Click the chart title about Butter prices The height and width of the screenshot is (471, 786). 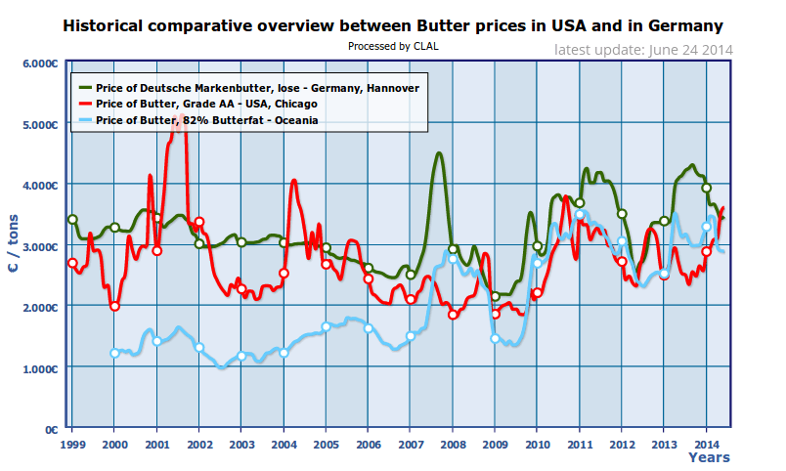coord(392,26)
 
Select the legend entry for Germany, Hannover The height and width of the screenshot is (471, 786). coord(258,87)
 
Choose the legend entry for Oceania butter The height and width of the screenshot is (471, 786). coord(200,119)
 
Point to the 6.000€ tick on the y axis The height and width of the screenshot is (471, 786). coord(40,64)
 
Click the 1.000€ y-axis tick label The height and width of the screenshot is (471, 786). coord(40,368)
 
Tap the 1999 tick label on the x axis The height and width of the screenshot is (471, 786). coord(71,444)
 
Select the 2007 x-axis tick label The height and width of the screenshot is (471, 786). coord(411,444)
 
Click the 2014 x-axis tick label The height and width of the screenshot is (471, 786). coord(707,444)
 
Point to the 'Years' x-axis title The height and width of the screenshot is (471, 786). coord(708,457)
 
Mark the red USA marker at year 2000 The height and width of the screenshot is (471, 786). coord(114,306)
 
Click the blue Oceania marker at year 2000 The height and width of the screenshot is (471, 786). coord(114,353)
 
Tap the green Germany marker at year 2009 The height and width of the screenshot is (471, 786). coord(496,296)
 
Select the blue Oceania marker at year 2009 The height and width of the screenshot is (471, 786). coord(496,338)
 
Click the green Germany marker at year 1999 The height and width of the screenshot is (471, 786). coord(72,220)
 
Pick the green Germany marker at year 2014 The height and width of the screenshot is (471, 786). coord(707,188)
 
